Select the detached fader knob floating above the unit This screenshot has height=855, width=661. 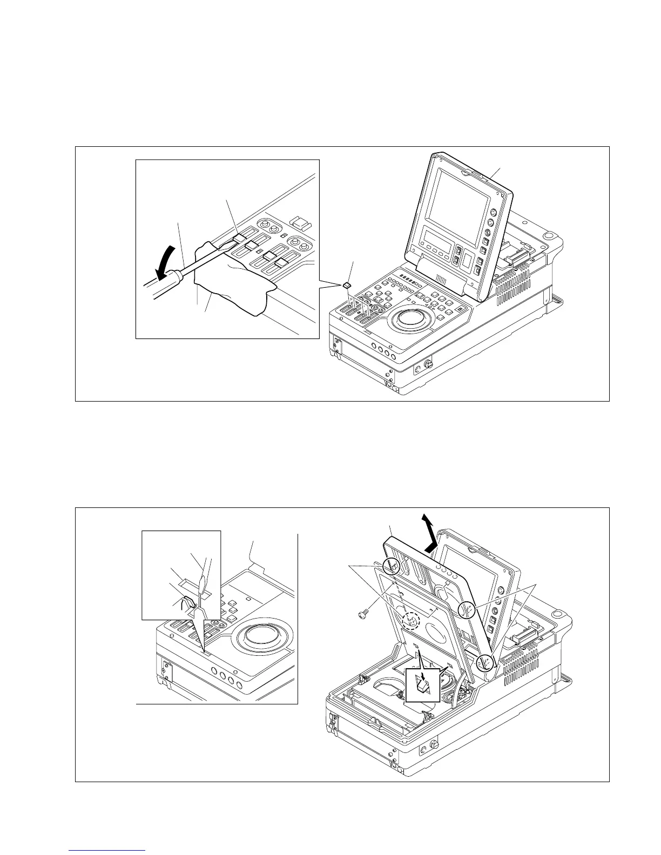[x=347, y=284]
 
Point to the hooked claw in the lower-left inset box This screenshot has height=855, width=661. [x=189, y=601]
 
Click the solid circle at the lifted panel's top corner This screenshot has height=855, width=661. [x=393, y=566]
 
